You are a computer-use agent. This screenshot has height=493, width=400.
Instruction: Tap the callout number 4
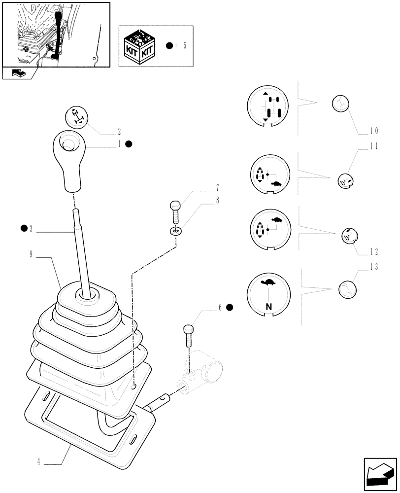(x=38, y=462)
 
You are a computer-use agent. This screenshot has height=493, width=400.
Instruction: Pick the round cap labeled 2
(x=76, y=117)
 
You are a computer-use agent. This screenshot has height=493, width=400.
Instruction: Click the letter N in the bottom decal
(x=268, y=306)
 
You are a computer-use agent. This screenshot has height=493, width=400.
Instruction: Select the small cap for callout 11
(x=345, y=181)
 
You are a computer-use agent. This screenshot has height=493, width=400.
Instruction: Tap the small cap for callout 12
(x=349, y=236)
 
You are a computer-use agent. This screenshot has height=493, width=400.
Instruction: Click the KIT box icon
(x=140, y=45)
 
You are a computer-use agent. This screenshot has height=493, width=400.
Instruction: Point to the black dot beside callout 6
(x=229, y=307)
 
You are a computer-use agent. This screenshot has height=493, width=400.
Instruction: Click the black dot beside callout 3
(x=24, y=228)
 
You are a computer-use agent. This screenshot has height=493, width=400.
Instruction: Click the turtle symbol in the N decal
(x=268, y=283)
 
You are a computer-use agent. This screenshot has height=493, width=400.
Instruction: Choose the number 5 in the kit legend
(x=184, y=46)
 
